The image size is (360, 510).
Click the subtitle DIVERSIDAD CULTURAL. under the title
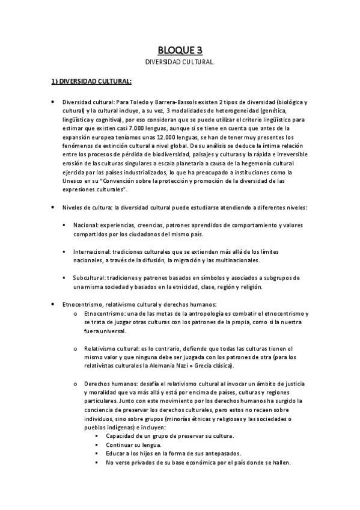[x=180, y=62]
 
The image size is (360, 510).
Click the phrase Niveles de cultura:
[x=84, y=207]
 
